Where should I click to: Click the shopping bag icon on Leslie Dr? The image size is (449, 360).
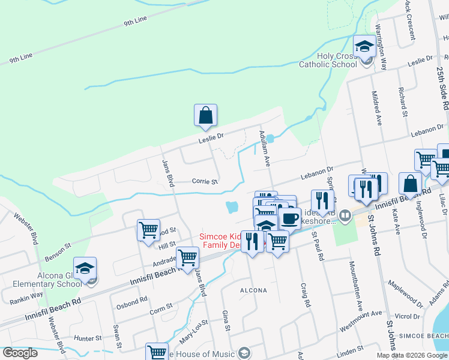coord(205,115)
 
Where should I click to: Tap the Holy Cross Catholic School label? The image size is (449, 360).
coord(337,60)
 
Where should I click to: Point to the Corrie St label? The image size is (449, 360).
coord(205,181)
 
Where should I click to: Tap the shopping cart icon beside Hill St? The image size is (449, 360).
coord(148,229)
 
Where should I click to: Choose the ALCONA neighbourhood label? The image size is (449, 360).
coord(253,290)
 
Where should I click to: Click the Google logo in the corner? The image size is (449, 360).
coord(20,353)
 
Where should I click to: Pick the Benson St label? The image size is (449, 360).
coord(59,254)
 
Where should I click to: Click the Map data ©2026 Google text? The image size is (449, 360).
coord(412,355)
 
